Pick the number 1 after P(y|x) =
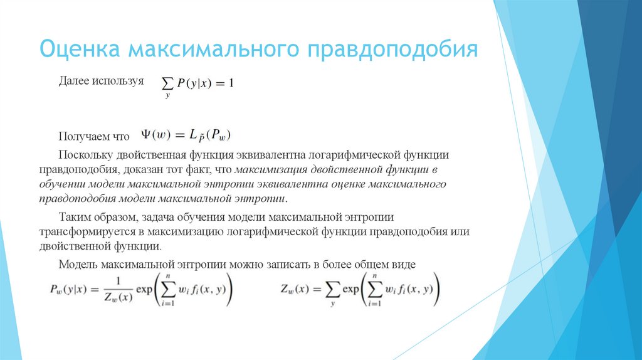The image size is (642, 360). pyautogui.click(x=231, y=83)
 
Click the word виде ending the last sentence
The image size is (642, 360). pyautogui.click(x=403, y=263)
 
